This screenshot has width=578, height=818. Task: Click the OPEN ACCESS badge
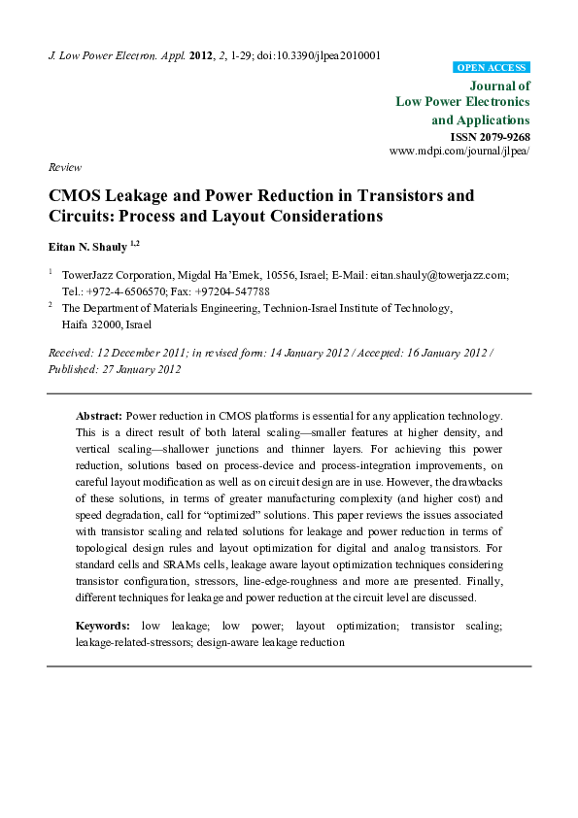(x=492, y=68)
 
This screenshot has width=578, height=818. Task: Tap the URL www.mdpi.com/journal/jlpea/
(x=459, y=153)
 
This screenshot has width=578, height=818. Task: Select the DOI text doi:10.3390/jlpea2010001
(x=318, y=55)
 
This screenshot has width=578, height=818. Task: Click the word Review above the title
(x=64, y=168)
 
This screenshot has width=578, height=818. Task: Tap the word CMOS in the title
(x=76, y=195)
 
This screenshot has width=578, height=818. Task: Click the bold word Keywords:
(x=103, y=628)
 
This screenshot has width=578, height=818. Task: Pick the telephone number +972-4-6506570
(x=125, y=290)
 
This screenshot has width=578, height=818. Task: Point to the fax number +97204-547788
(x=233, y=290)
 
